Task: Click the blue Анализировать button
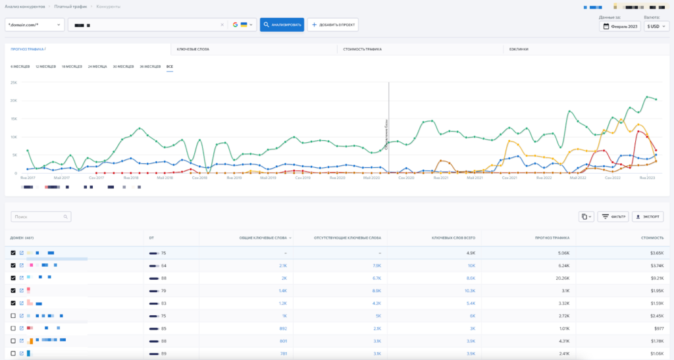(282, 25)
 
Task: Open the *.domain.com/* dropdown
(35, 25)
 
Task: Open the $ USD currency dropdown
(656, 26)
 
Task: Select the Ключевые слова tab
(193, 49)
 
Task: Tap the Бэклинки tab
(518, 49)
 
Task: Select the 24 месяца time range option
(98, 66)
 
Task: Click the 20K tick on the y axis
(13, 101)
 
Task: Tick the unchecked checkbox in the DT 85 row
(14, 328)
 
